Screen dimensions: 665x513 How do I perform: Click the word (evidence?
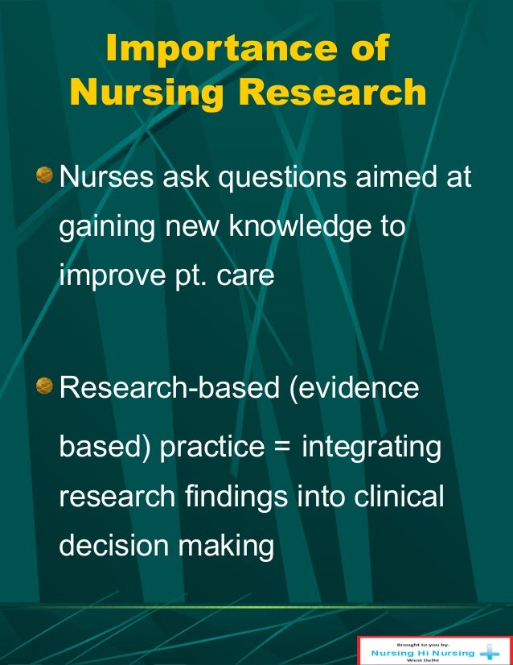(348, 388)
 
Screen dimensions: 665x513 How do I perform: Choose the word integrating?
(371, 448)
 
